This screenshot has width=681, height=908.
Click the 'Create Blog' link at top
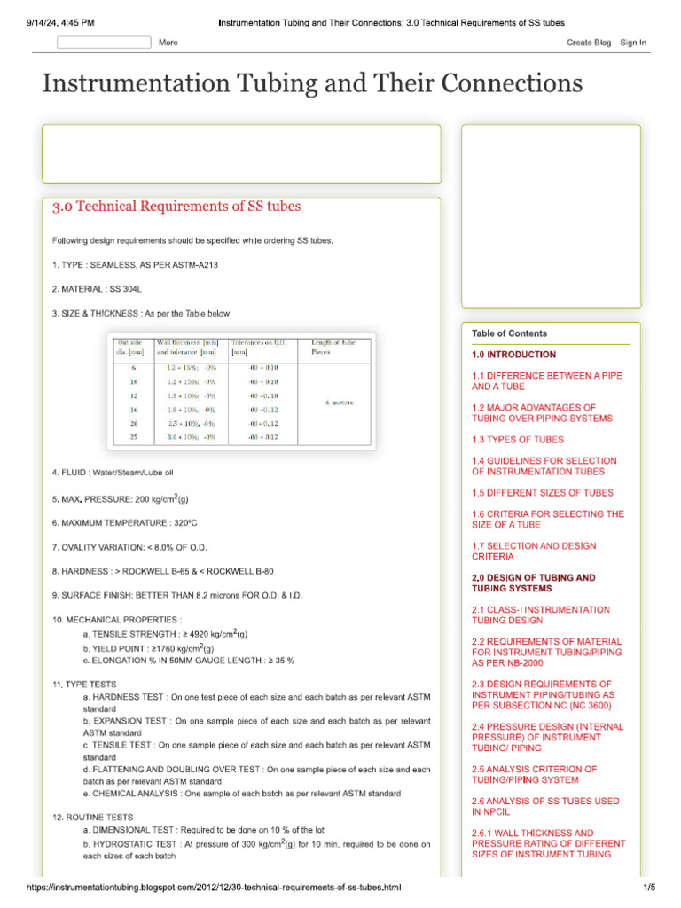click(x=589, y=43)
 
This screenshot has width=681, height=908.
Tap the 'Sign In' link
click(x=633, y=43)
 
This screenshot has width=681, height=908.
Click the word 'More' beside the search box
click(x=168, y=43)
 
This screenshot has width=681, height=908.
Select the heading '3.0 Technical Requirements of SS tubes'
click(x=176, y=207)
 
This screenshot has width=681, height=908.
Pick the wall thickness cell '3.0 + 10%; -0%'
click(x=192, y=437)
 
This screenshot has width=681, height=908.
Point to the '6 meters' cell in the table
click(x=339, y=403)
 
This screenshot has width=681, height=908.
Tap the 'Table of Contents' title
click(x=509, y=333)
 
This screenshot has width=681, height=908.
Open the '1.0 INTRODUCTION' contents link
click(x=514, y=355)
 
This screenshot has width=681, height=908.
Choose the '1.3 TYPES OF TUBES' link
click(x=517, y=440)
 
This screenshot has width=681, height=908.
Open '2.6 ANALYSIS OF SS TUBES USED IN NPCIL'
click(x=545, y=806)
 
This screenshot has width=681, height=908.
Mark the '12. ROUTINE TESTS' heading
click(x=93, y=817)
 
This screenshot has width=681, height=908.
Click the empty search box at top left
click(x=104, y=42)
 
